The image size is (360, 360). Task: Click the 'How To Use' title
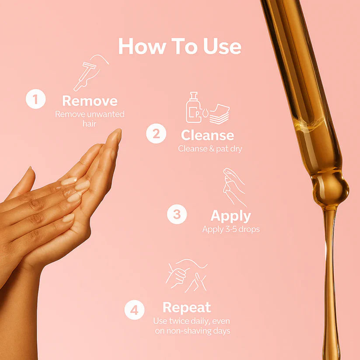(180, 46)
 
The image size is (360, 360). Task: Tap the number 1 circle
(35, 99)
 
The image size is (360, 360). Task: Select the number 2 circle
(156, 133)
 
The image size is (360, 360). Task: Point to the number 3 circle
(177, 214)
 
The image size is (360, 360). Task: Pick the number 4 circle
(134, 310)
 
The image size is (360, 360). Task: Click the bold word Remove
(90, 101)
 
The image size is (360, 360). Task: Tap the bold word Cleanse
(207, 135)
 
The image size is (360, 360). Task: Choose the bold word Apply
(231, 217)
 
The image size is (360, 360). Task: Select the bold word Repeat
(187, 308)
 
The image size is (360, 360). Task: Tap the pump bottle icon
(193, 108)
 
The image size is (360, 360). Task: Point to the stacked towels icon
(219, 114)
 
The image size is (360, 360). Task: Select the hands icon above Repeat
(186, 276)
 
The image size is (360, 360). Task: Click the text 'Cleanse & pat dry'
(210, 149)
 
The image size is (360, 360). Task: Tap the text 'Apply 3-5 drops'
(231, 229)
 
